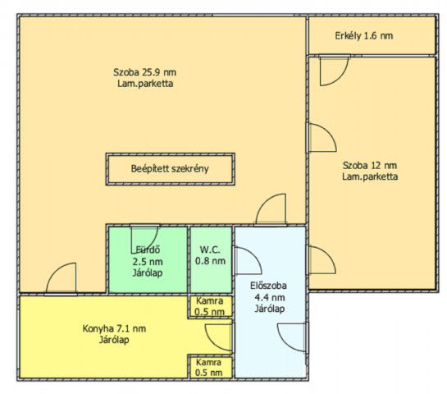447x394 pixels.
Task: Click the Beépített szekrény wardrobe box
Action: point(170,169)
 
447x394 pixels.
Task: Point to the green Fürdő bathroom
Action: point(148,258)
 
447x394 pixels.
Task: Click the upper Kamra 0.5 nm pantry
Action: point(209,306)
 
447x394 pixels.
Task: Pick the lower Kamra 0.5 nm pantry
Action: point(209,367)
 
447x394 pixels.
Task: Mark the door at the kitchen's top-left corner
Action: point(62,278)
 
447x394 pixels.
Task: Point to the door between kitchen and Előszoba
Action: point(220,336)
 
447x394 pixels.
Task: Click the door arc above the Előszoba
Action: point(271,210)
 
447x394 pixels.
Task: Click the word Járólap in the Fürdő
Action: point(148,271)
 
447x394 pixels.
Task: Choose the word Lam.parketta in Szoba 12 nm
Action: point(370,176)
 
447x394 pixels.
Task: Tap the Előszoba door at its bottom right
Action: point(292,337)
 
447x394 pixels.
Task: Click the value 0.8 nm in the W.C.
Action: point(210,263)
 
